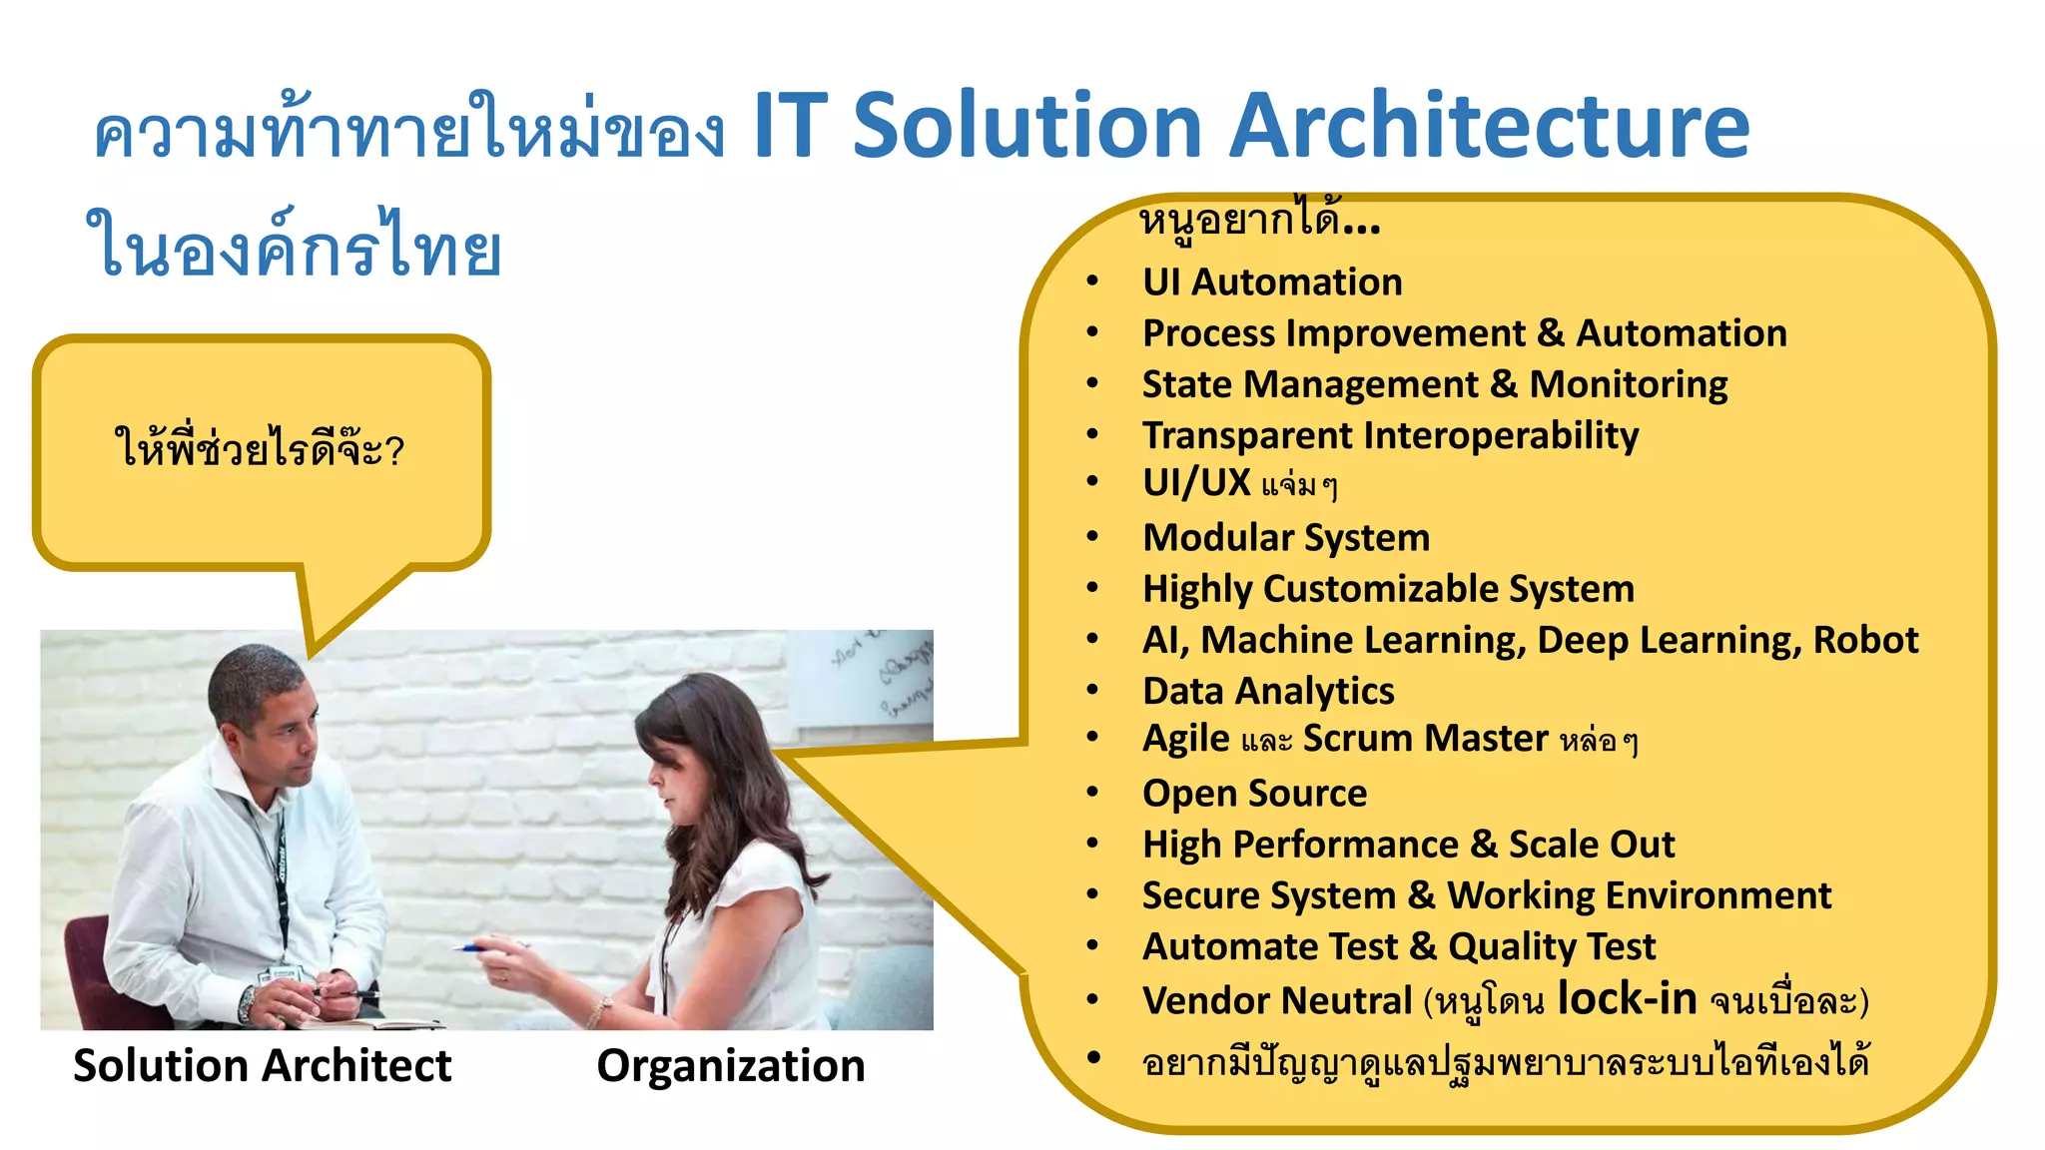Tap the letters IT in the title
coord(790,126)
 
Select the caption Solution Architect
coord(262,1065)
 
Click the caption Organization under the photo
coord(731,1065)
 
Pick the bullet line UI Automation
coord(1272,283)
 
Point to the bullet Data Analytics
coord(1268,691)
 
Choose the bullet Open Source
coord(1254,794)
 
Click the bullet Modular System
coord(1286,538)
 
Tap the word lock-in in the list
coord(1627,998)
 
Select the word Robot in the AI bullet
coord(1865,640)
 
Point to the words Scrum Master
coord(1425,739)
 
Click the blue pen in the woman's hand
coord(469,947)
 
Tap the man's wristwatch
coord(247,1002)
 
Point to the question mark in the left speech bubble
coord(394,451)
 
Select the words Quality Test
coord(1552,946)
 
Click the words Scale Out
coord(1591,845)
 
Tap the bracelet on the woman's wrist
coord(598,1011)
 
